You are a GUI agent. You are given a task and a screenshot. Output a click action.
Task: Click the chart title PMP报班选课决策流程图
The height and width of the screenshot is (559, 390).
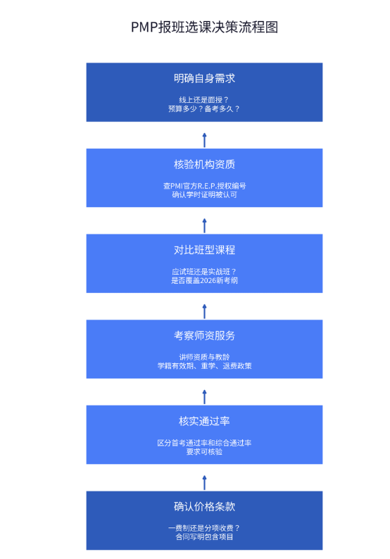[204, 27]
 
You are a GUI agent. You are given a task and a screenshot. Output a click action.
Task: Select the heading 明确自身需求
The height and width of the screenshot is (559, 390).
[204, 78]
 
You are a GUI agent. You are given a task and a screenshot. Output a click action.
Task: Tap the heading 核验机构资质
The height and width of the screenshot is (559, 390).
[204, 164]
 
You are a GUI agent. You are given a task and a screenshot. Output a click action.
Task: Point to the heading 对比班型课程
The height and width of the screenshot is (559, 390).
[204, 250]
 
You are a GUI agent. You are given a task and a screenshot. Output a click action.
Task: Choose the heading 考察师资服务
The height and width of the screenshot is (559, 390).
[204, 336]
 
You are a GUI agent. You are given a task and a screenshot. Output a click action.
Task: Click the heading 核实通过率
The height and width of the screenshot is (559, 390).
[204, 421]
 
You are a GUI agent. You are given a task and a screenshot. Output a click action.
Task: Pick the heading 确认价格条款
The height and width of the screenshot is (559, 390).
[204, 507]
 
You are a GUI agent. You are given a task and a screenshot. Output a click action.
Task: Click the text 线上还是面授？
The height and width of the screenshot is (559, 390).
[204, 100]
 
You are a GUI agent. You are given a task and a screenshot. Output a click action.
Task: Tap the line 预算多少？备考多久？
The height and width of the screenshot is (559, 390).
[204, 108]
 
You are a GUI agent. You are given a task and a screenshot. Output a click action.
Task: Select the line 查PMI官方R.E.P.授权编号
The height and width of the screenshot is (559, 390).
[204, 186]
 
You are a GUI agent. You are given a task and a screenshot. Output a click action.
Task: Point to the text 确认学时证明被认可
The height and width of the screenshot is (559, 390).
[204, 194]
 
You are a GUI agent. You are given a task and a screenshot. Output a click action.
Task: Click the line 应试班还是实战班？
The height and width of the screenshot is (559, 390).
[204, 272]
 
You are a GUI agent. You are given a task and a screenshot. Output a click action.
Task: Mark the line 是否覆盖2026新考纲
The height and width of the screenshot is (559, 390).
[204, 281]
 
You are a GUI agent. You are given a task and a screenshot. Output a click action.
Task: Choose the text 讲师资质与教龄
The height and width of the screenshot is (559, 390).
[204, 357]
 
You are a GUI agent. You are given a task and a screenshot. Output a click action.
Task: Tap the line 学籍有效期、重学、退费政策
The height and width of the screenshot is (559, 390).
[204, 366]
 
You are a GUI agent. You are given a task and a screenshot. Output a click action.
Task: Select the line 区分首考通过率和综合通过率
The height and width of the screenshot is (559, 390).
[204, 443]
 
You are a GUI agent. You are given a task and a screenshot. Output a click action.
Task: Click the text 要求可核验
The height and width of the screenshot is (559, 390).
[204, 452]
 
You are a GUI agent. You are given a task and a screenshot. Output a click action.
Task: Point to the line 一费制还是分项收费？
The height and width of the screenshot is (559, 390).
[204, 528]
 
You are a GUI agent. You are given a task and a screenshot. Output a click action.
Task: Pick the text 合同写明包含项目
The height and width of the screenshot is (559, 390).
[204, 537]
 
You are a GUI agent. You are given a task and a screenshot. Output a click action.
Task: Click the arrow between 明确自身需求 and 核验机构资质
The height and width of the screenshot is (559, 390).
[204, 140]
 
